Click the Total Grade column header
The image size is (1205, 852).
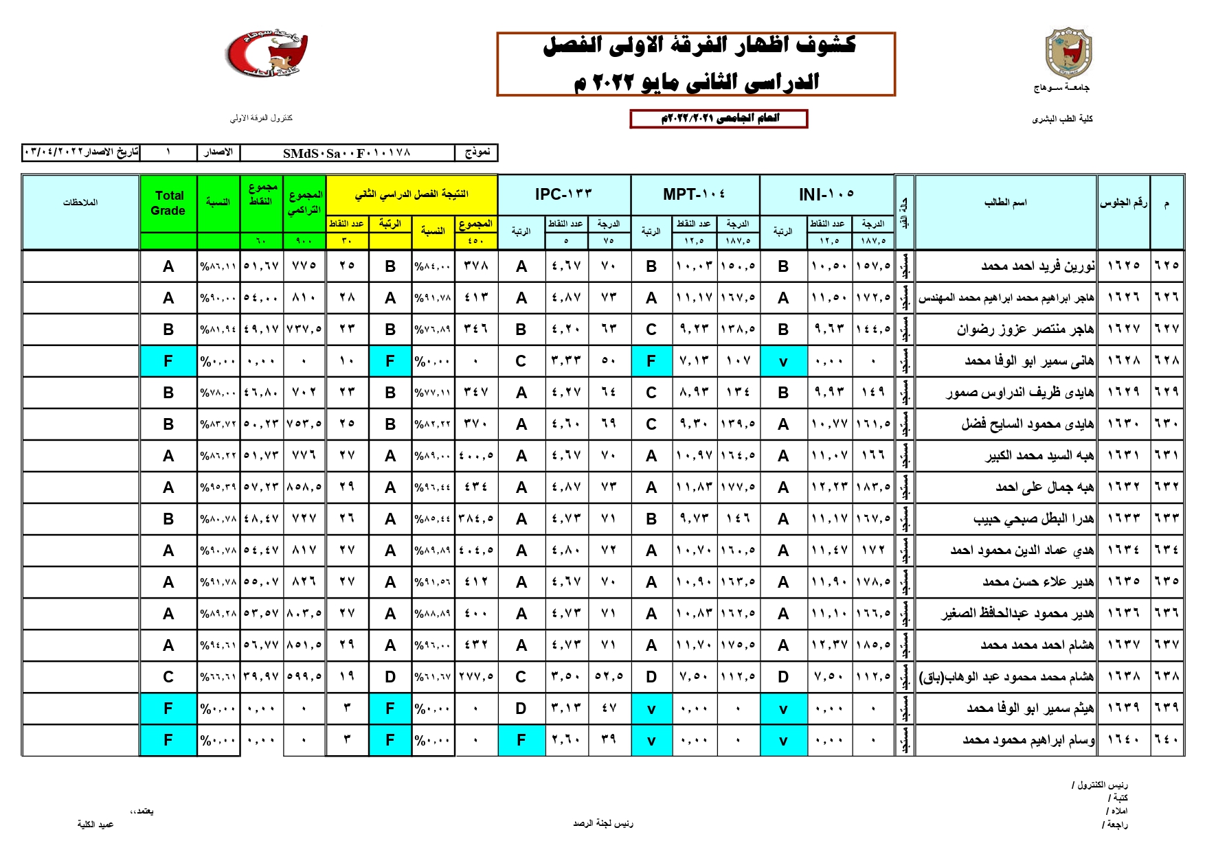[168, 203]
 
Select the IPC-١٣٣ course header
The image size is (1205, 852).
[563, 194]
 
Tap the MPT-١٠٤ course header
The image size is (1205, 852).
[694, 194]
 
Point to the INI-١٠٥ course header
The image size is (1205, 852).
[826, 194]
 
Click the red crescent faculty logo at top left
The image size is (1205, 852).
[267, 53]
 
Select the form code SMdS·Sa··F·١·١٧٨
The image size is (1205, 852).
[347, 152]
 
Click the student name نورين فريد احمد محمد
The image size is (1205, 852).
[1037, 266]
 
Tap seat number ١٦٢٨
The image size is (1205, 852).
[1123, 360]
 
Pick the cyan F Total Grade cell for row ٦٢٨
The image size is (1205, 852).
[168, 361]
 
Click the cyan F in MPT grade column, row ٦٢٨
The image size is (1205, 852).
[651, 361]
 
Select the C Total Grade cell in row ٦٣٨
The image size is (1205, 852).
[168, 677]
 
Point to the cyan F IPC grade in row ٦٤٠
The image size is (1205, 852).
[521, 740]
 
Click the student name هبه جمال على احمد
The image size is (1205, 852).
[1044, 487]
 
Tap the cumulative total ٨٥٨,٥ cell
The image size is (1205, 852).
[304, 487]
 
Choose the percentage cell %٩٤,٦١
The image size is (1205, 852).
[218, 645]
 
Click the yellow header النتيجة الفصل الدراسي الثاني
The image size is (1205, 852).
[411, 194]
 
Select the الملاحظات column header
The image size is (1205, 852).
[80, 203]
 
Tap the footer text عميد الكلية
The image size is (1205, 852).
[95, 824]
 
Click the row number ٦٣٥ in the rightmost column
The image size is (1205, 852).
[1167, 582]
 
